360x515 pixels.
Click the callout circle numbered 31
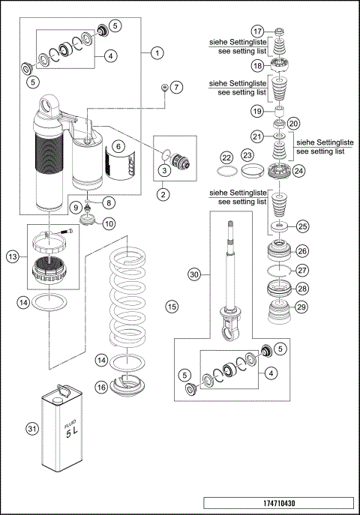pos(31,429)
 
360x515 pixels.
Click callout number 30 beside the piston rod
pos(195,275)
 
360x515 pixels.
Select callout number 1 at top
pos(157,53)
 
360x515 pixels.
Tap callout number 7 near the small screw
pos(176,88)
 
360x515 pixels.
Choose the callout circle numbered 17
pos(257,31)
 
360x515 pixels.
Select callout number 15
pos(172,306)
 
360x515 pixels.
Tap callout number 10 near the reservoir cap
pos(109,223)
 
